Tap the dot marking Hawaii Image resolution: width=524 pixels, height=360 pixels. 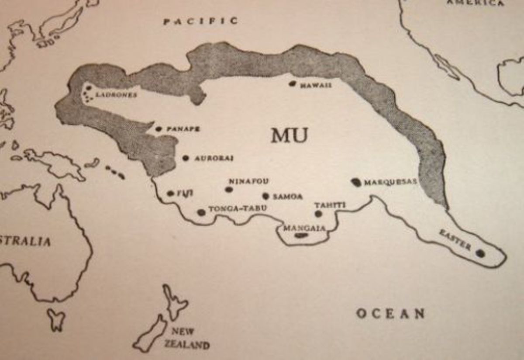293,83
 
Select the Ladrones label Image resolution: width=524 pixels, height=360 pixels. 117,94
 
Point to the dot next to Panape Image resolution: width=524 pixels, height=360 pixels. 159,129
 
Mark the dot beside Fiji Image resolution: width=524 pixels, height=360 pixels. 170,193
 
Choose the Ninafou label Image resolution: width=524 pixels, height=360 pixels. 249,181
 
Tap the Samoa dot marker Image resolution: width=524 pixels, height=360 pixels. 265,196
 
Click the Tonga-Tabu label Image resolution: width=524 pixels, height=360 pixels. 238,209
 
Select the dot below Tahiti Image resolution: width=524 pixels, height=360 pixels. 318,214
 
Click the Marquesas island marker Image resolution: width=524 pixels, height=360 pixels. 357,182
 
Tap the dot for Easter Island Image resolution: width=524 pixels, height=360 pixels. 480,253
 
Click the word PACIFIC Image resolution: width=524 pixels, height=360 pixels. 201,21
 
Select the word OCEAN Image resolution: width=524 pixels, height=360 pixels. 390,313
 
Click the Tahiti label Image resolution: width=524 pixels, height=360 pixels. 330,205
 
